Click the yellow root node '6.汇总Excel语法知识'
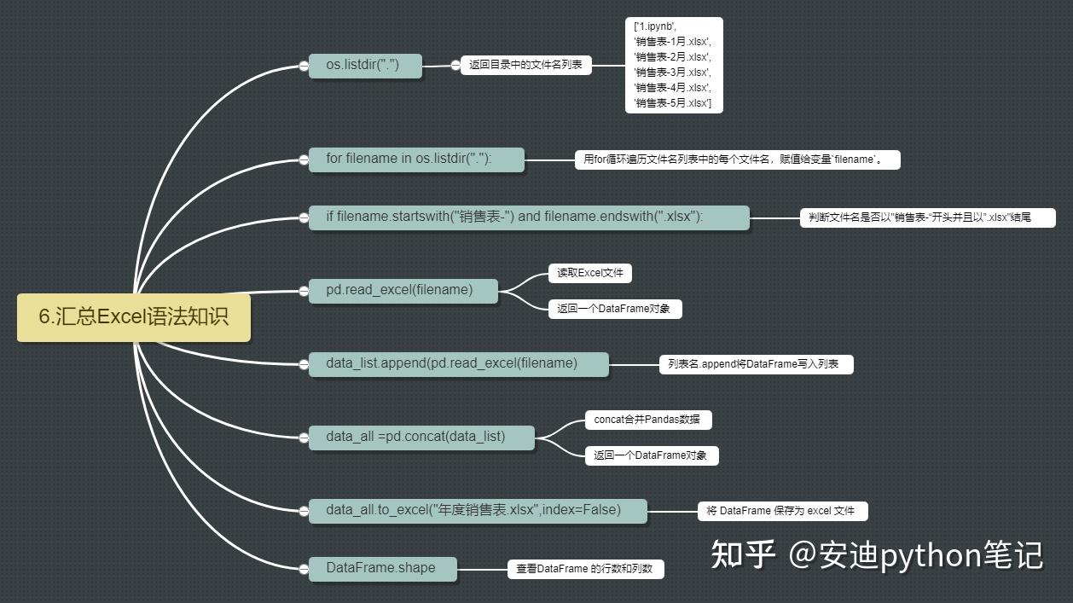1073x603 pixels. click(134, 317)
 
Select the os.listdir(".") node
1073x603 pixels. click(365, 66)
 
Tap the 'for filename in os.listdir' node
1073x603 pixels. click(416, 159)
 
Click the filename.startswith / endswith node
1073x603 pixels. click(529, 218)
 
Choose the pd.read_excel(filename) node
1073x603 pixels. click(403, 291)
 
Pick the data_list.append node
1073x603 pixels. click(458, 364)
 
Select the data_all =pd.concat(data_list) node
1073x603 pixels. click(421, 438)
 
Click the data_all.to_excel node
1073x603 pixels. click(478, 511)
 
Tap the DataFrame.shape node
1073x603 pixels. click(383, 569)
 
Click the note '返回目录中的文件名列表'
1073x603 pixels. click(526, 65)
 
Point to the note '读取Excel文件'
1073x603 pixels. click(590, 273)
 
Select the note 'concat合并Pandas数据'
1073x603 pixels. click(648, 420)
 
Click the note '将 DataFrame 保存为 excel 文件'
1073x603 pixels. click(783, 511)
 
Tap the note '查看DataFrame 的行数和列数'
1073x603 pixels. click(586, 569)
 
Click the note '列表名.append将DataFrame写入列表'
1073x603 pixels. click(757, 364)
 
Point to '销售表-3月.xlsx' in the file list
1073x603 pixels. click(672, 72)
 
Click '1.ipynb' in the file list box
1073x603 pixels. click(655, 26)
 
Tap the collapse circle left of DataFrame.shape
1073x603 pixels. click(304, 569)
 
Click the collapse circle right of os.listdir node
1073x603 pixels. click(455, 66)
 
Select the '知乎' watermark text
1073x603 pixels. click(743, 554)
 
